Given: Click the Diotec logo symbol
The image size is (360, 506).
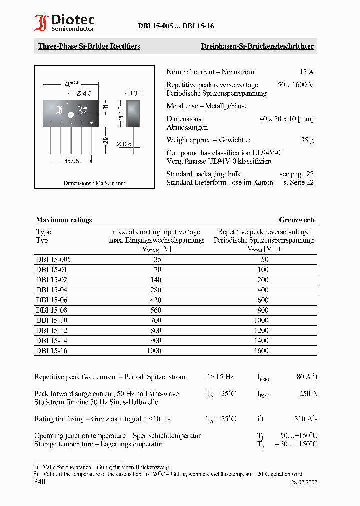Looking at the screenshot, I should tap(41, 23).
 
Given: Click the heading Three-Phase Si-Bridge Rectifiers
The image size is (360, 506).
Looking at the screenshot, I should tap(89, 46).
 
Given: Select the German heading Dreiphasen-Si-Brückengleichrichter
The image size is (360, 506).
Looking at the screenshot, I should tap(257, 46).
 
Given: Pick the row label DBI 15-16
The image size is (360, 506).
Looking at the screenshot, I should tap(51, 351).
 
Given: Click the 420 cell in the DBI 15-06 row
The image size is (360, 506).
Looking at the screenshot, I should tap(156, 300).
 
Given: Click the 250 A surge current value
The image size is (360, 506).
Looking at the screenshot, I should tap(308, 394).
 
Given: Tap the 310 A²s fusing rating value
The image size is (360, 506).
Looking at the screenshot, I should tap(305, 419).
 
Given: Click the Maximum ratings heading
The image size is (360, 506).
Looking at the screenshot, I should tap(64, 220).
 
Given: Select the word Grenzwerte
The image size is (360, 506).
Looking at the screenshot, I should tap(297, 220).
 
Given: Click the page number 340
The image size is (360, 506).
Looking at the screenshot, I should tap(40, 482).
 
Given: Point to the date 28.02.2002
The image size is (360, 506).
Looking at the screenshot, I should tap(304, 482).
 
